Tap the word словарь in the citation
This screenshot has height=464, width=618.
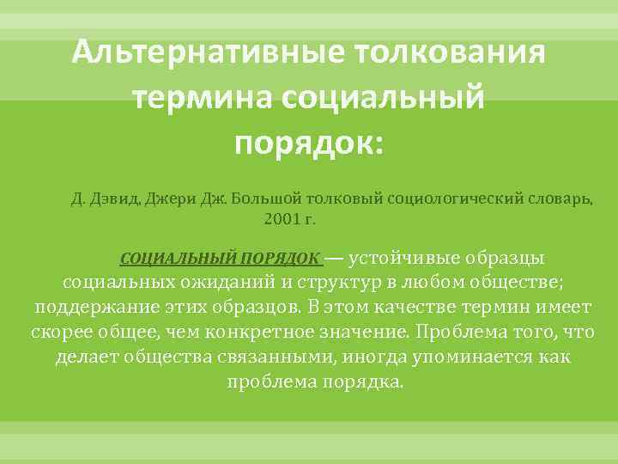click(559, 200)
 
